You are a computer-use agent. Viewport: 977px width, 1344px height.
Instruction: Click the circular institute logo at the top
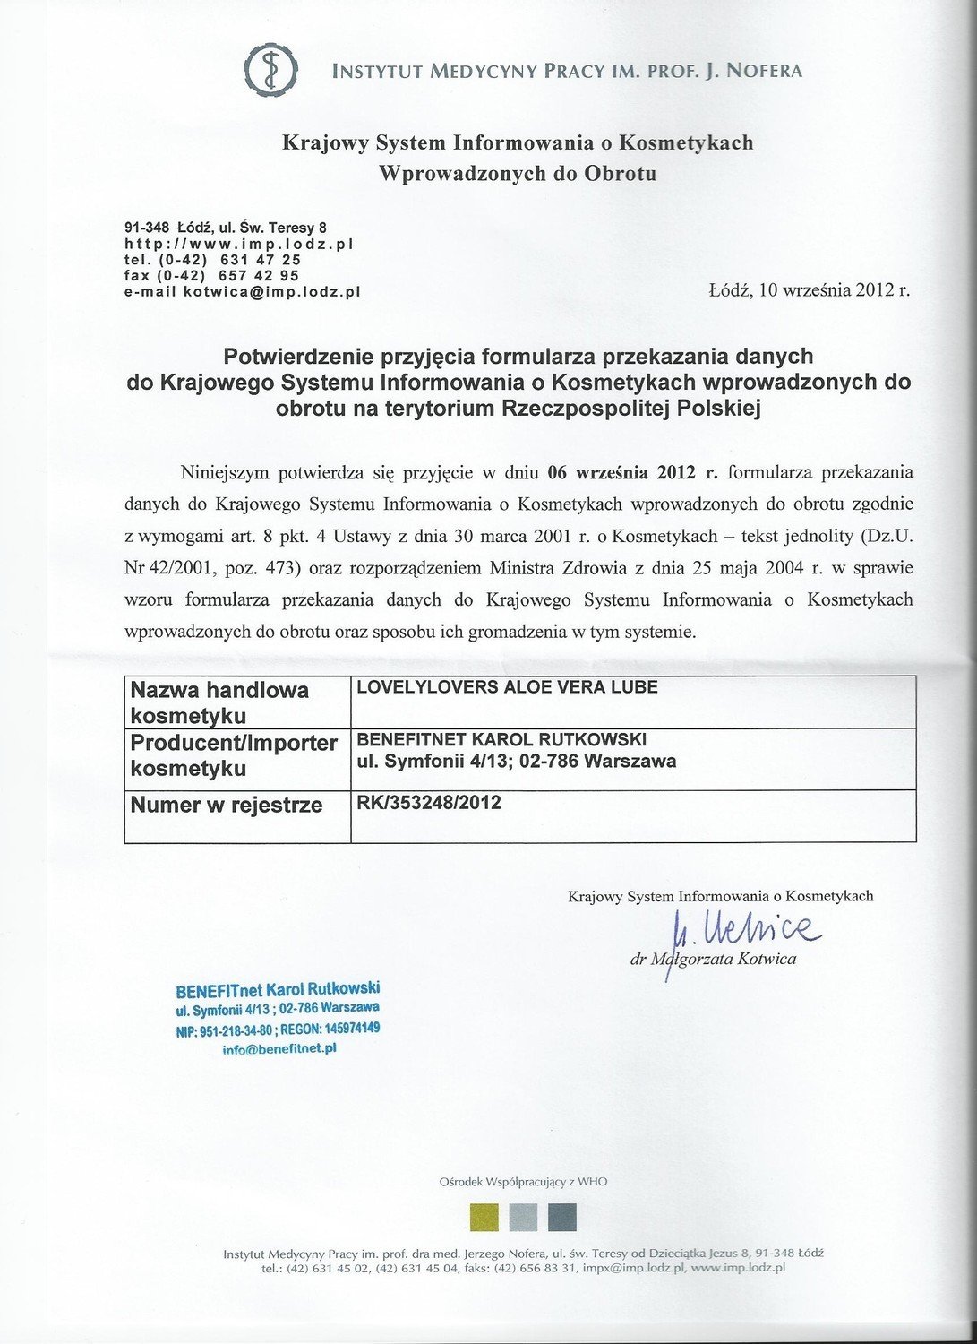[272, 70]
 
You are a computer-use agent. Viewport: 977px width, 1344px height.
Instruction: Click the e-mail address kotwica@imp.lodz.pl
[271, 292]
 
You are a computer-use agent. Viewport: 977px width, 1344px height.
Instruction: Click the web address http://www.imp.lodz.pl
[240, 244]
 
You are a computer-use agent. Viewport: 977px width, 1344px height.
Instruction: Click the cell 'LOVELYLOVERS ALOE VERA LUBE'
[507, 688]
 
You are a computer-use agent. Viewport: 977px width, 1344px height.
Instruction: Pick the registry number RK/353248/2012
[429, 803]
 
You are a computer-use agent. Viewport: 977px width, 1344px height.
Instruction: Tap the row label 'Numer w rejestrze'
[227, 806]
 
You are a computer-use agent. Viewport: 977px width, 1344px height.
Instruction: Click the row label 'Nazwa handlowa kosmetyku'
[220, 702]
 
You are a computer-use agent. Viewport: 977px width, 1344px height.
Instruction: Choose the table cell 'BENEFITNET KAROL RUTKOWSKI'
[501, 740]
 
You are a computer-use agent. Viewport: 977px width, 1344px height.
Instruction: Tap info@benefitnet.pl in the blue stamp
[279, 1048]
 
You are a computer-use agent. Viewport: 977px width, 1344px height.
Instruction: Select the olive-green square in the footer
[484, 1217]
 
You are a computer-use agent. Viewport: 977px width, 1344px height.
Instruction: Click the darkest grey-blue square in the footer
[561, 1217]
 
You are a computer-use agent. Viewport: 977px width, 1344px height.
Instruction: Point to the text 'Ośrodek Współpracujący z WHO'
[523, 1182]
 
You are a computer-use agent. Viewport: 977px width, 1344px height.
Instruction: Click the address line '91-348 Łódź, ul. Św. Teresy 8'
[225, 228]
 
